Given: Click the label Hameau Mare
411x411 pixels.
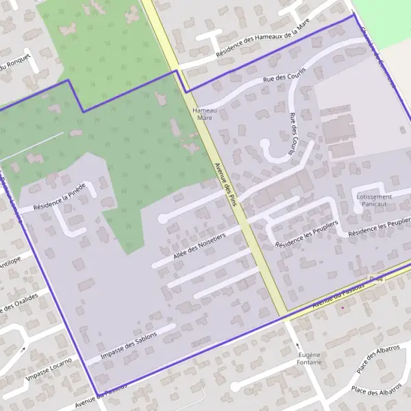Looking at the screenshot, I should (x=204, y=114).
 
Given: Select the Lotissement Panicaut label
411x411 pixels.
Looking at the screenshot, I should (x=374, y=200).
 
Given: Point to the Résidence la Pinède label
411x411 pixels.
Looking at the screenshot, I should (x=60, y=197).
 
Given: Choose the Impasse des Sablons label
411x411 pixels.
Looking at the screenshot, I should (x=128, y=346).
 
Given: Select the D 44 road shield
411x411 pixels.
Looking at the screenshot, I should (x=374, y=279).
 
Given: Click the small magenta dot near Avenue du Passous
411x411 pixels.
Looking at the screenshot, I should (x=343, y=307).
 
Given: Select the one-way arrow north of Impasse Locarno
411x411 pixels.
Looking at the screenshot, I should (x=23, y=349).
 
